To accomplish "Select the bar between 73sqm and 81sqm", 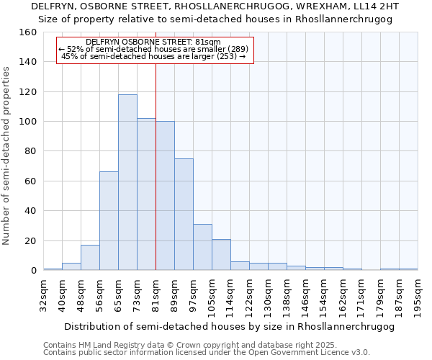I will (146, 194).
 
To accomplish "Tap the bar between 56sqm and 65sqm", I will (109, 221).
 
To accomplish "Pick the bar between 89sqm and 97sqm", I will (184, 215).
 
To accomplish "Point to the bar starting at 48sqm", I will (90, 258).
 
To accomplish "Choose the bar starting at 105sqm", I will (221, 255).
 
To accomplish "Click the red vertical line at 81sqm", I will (156, 166).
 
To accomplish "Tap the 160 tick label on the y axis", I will (27, 32).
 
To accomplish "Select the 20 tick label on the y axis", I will (30, 241).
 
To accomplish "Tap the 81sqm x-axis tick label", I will (156, 295).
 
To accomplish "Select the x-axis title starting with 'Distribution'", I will (229, 326).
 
